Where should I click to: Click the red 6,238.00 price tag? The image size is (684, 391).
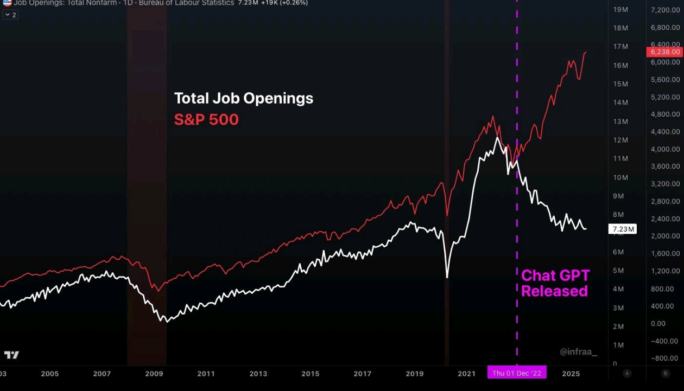(664, 52)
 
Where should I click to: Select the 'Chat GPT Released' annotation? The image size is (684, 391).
(555, 283)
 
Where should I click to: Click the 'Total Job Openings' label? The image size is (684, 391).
(244, 98)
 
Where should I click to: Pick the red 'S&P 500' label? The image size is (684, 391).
(206, 119)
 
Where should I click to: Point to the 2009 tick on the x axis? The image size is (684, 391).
(154, 374)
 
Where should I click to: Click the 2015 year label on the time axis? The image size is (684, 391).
(311, 374)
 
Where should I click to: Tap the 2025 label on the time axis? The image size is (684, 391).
(571, 374)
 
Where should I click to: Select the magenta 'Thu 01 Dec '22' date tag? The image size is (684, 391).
(517, 374)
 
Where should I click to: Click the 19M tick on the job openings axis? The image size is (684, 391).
(620, 10)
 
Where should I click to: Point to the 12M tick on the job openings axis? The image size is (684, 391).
(620, 140)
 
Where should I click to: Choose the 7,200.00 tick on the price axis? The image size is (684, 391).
(665, 10)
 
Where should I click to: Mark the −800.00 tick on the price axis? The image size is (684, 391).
(665, 358)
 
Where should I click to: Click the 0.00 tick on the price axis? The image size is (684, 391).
(658, 324)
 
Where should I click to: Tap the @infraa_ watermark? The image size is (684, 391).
(578, 352)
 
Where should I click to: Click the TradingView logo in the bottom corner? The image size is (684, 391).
(11, 355)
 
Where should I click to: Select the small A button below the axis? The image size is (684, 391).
(628, 373)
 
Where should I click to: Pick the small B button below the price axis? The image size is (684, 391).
(666, 373)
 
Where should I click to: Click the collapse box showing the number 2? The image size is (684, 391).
(11, 15)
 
